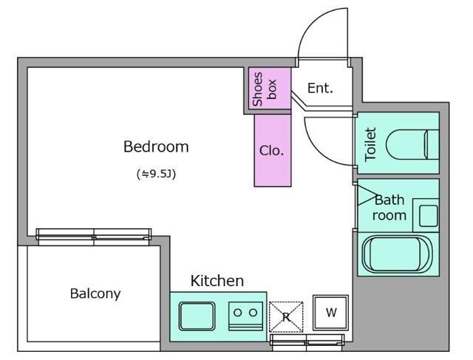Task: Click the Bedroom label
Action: click(156, 147)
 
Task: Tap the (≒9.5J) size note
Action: click(156, 174)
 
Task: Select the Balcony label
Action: click(95, 293)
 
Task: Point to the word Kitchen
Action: click(217, 281)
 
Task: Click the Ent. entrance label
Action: click(320, 89)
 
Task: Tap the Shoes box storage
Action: click(270, 88)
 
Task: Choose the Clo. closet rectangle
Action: click(273, 151)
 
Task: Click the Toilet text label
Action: click(370, 144)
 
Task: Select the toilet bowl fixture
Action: click(412, 145)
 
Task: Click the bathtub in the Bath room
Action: click(398, 254)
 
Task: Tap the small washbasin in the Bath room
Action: click(429, 216)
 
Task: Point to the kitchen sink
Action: click(197, 316)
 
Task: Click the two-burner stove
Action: click(245, 316)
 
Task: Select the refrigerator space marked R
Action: click(286, 317)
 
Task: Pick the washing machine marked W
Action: click(330, 313)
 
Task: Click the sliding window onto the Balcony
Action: click(94, 234)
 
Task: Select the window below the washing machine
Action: click(307, 340)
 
